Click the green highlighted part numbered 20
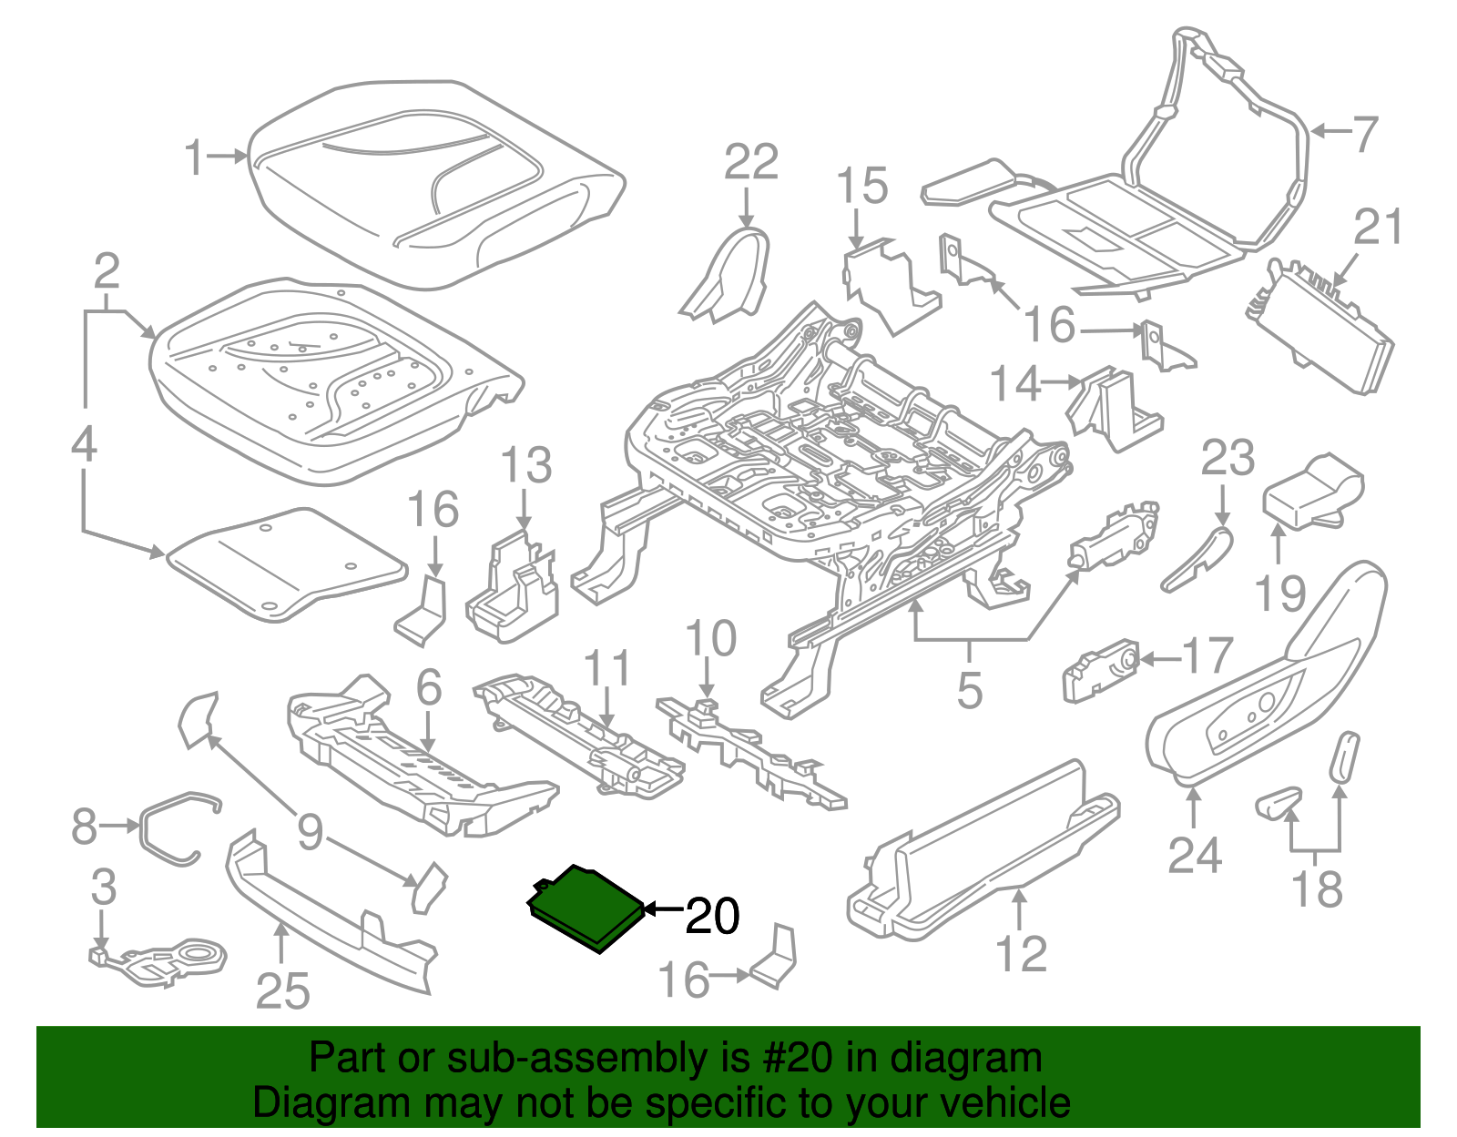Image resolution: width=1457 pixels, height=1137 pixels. pyautogui.click(x=586, y=908)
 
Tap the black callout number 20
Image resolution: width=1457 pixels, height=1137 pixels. pyautogui.click(x=712, y=916)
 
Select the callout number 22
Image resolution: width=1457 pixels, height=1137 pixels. pyautogui.click(x=751, y=161)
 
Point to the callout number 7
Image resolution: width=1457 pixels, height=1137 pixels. pyautogui.click(x=1365, y=134)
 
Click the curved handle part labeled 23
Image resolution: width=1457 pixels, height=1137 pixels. pyautogui.click(x=1197, y=560)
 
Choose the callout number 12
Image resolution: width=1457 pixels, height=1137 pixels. pyautogui.click(x=1021, y=953)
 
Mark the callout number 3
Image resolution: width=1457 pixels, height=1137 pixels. pyautogui.click(x=103, y=886)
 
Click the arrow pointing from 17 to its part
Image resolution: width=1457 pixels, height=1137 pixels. pyautogui.click(x=1161, y=660)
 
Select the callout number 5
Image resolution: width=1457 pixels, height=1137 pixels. pyautogui.click(x=970, y=690)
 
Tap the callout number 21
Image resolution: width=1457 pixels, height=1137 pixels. pyautogui.click(x=1378, y=227)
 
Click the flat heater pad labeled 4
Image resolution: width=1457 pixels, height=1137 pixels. pyautogui.click(x=287, y=564)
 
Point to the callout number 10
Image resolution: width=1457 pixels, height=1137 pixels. pyautogui.click(x=710, y=637)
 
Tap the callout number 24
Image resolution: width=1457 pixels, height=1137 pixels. pyautogui.click(x=1194, y=855)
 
